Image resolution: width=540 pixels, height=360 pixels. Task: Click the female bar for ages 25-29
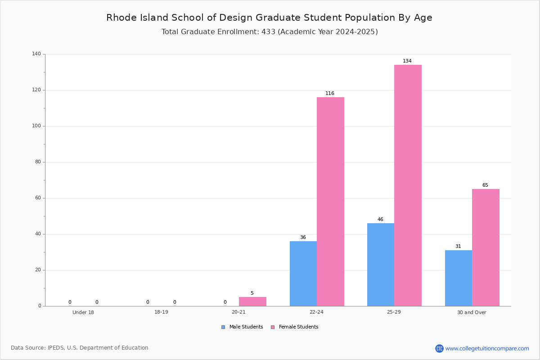[x=408, y=185]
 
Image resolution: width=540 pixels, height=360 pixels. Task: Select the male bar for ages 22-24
[x=303, y=274]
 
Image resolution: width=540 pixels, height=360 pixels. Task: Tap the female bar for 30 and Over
[x=486, y=247]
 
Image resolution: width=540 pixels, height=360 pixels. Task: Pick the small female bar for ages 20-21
[x=252, y=301]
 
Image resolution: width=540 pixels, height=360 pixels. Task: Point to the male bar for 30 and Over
[x=459, y=278]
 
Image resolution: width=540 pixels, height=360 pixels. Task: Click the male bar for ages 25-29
[x=381, y=265]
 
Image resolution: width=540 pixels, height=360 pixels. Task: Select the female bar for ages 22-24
[x=330, y=202]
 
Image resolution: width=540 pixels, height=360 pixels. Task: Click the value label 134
[x=407, y=61]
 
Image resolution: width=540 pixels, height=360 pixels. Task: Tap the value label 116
[x=330, y=93]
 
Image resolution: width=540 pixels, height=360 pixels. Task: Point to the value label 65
[x=485, y=185]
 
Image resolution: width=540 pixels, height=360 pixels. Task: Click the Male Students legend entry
[x=242, y=327]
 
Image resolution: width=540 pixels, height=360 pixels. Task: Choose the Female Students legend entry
[x=295, y=327]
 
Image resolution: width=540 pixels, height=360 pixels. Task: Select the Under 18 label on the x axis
[x=83, y=312]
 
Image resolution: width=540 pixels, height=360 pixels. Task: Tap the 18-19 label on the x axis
[x=161, y=312]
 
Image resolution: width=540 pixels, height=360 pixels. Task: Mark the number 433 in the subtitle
[x=268, y=32]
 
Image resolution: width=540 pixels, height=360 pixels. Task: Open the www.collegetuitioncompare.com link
[x=487, y=348]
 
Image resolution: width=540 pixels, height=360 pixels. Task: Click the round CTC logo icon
[x=439, y=348]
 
